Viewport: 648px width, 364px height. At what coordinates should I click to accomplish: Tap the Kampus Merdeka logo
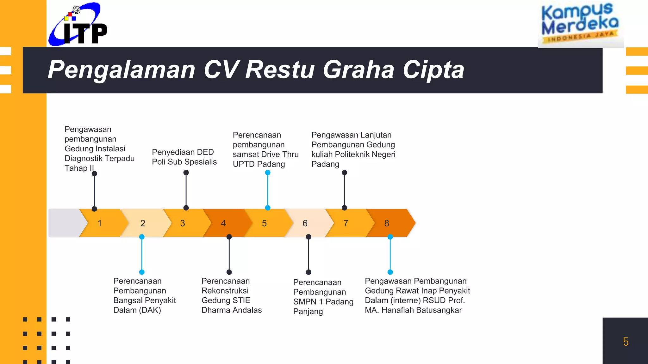580,24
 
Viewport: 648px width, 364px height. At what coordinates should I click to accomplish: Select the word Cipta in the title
433,70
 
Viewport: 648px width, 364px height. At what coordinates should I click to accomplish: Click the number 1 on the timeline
100,223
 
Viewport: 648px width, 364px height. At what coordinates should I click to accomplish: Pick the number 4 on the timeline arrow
223,223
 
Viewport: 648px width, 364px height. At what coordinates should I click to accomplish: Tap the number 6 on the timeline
305,223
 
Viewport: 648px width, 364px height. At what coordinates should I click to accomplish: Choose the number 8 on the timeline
387,223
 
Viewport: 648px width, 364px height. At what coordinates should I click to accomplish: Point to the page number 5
626,342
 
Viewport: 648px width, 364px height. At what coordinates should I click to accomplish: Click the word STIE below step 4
242,300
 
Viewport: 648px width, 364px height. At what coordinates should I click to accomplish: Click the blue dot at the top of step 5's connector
268,173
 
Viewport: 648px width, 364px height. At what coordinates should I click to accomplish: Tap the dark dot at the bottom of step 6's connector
308,272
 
